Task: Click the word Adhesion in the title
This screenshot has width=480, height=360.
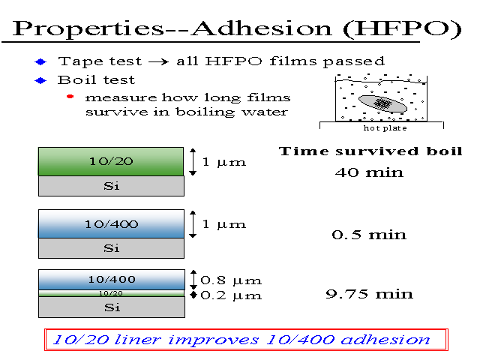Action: click(x=262, y=28)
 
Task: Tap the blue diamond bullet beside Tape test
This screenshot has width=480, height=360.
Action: click(x=40, y=61)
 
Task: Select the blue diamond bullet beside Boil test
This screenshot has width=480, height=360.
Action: click(x=40, y=80)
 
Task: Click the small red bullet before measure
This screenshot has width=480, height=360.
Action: click(x=70, y=97)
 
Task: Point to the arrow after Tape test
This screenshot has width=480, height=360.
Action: click(x=158, y=62)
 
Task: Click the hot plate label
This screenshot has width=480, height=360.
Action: click(x=385, y=128)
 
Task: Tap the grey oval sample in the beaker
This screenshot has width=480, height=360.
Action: click(x=382, y=103)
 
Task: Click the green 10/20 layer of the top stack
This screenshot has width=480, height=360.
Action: click(x=111, y=161)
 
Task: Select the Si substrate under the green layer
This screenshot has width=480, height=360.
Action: click(x=112, y=186)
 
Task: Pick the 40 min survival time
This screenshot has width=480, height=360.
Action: click(x=369, y=172)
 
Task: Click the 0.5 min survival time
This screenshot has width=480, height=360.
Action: click(x=369, y=235)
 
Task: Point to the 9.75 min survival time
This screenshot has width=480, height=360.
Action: click(x=369, y=294)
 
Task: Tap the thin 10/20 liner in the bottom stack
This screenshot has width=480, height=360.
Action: click(x=111, y=293)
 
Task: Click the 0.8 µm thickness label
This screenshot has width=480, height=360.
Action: click(x=231, y=280)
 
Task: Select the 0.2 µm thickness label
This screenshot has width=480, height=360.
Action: click(x=231, y=295)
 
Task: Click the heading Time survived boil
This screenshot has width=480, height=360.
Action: click(x=370, y=151)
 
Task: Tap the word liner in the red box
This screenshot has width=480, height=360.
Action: click(x=137, y=340)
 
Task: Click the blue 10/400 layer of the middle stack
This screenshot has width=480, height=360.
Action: click(x=111, y=223)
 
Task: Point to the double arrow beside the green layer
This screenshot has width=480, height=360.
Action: click(x=193, y=162)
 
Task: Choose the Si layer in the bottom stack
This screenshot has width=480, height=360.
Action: click(x=112, y=307)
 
